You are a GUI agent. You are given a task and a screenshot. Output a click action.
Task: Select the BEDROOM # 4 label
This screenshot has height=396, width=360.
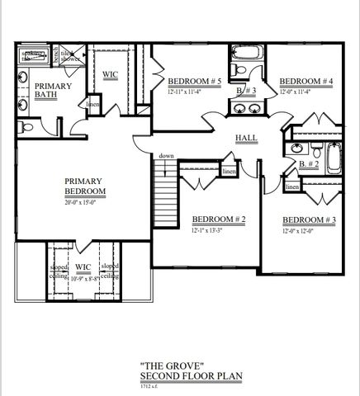pyautogui.click(x=306, y=81)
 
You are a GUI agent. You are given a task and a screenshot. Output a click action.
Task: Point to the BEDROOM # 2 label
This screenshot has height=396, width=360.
pyautogui.click(x=219, y=219)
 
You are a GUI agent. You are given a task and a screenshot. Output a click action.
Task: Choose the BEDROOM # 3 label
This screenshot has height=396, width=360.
pyautogui.click(x=310, y=219)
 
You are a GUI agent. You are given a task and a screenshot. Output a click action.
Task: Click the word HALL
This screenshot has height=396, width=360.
pyautogui.click(x=246, y=138)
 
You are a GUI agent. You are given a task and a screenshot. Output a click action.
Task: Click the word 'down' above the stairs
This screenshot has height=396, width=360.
pyautogui.click(x=166, y=156)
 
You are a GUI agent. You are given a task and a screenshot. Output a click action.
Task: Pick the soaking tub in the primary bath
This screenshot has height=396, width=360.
pyautogui.click(x=31, y=56)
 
